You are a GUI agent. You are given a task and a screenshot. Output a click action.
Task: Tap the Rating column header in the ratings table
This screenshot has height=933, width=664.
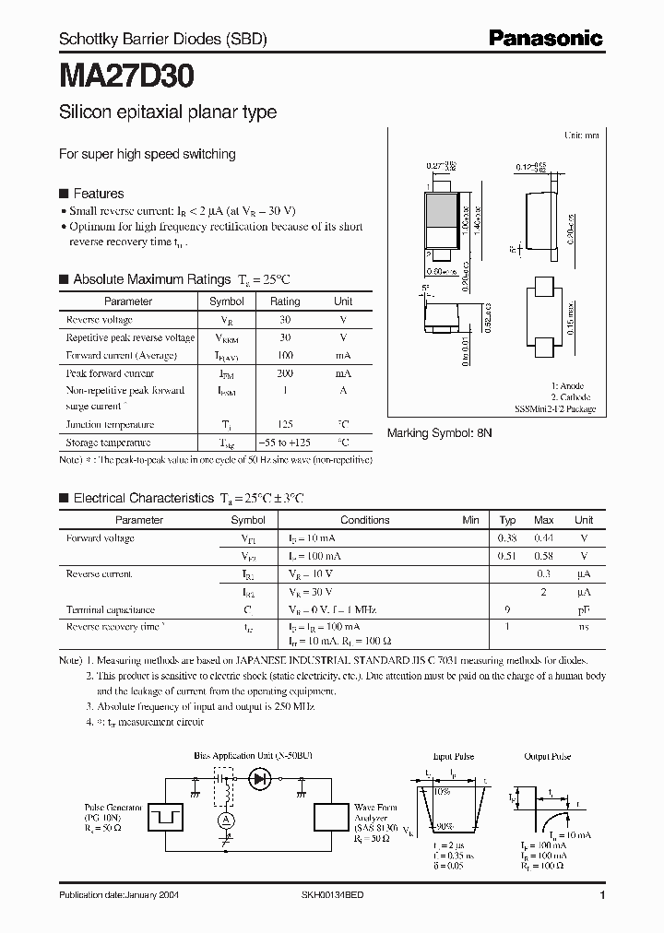pos(284,301)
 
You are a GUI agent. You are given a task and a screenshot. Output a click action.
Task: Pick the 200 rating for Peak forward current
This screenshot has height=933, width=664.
pos(284,373)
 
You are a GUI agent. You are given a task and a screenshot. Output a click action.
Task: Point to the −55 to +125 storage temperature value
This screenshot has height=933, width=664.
pos(284,443)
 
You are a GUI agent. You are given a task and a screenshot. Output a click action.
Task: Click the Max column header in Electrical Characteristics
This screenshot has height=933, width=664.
pos(544,520)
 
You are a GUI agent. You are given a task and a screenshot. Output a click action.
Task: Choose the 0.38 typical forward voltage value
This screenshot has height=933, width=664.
pos(507,537)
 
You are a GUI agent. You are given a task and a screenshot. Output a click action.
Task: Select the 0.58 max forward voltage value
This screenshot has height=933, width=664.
pos(544,556)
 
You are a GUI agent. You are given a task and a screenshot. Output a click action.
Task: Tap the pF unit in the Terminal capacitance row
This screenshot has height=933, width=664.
pos(583,609)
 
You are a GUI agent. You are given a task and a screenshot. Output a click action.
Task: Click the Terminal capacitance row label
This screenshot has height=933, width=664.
pos(110,609)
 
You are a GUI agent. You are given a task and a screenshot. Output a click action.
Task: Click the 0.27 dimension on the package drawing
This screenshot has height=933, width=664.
pos(434,166)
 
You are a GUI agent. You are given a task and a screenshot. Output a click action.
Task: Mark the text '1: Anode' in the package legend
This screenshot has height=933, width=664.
pos(567,385)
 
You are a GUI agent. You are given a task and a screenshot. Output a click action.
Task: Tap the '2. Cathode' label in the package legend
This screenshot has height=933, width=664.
pos(572,397)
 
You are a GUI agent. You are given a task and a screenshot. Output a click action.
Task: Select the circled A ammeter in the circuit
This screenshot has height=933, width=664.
pos(221,819)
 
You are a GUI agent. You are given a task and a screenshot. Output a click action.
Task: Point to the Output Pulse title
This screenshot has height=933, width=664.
pos(548,756)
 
